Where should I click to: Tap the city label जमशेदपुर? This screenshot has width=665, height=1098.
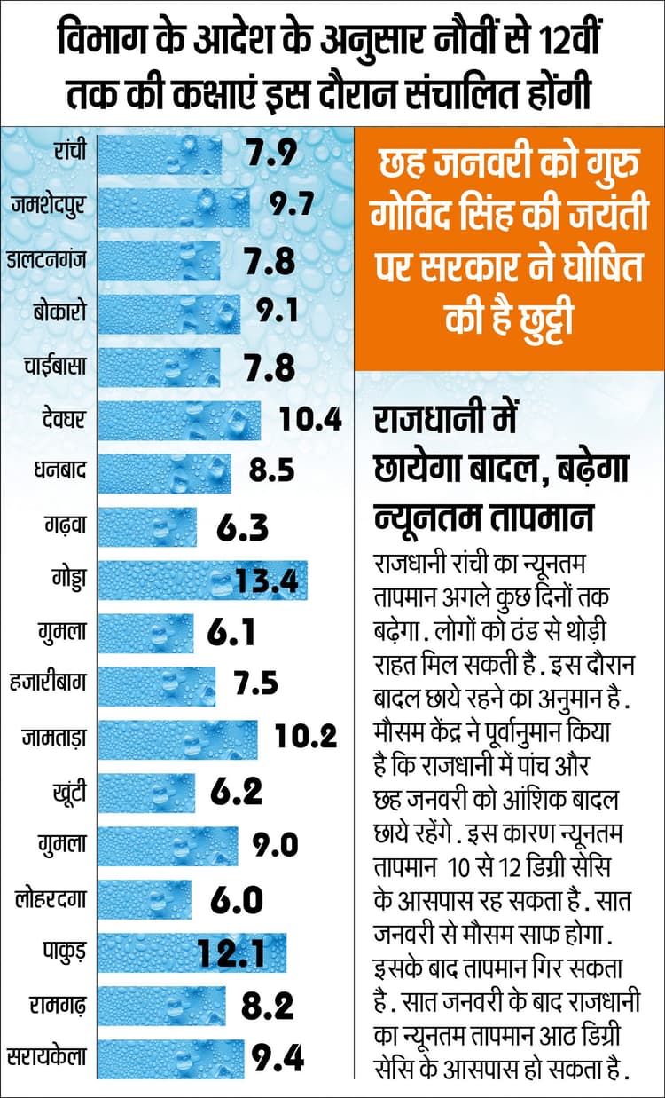tap(49, 207)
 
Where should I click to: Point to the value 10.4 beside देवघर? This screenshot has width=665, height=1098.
tap(309, 420)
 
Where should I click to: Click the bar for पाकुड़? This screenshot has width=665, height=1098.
tap(192, 952)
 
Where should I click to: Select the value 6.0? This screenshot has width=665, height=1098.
tap(237, 900)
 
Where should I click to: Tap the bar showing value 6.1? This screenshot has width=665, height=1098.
tap(145, 633)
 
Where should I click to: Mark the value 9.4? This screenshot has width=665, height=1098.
tap(278, 1058)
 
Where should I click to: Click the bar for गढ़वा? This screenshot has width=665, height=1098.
tap(147, 526)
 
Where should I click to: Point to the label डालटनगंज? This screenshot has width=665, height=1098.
tap(48, 260)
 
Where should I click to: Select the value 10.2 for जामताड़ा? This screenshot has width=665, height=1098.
tap(306, 739)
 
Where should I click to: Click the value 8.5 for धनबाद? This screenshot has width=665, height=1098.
tap(271, 471)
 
